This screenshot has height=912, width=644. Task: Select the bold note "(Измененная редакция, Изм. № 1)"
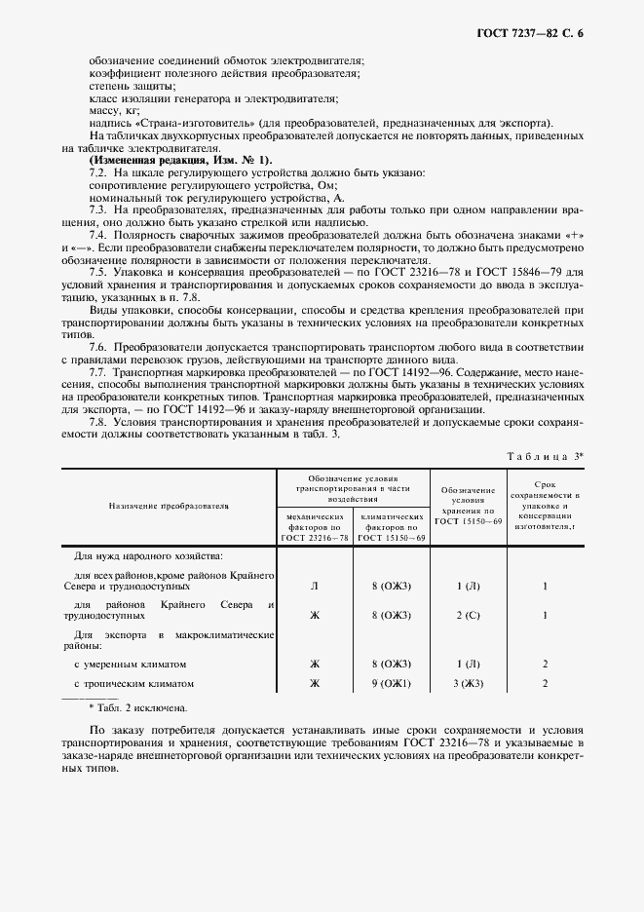(x=181, y=160)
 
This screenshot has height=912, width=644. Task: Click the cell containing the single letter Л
(x=314, y=587)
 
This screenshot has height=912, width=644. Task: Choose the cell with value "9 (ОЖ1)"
(x=391, y=684)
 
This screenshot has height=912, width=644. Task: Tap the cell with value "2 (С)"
(x=468, y=616)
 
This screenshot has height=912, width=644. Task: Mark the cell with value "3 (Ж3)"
(x=468, y=684)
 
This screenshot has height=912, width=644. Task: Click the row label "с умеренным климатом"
(x=130, y=664)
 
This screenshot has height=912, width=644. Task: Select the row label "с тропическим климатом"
(x=134, y=684)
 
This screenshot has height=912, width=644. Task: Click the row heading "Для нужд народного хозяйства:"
(x=148, y=556)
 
